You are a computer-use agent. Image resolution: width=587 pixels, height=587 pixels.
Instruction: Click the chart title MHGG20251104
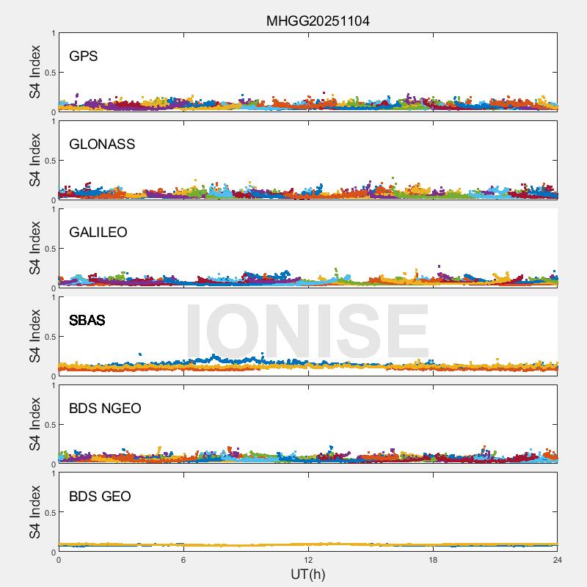pyautogui.click(x=318, y=21)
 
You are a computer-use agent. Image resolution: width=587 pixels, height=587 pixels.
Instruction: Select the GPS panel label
pyautogui.click(x=84, y=56)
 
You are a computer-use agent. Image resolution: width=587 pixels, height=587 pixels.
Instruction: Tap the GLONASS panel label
pyautogui.click(x=102, y=145)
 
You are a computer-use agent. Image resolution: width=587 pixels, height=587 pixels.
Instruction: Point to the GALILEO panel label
pyautogui.click(x=98, y=233)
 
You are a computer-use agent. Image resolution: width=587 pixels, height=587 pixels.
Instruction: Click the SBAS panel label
pyautogui.click(x=87, y=321)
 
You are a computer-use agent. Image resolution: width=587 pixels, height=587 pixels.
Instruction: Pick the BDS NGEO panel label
pyautogui.click(x=105, y=409)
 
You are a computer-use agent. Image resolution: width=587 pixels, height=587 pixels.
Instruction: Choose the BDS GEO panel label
pyautogui.click(x=100, y=497)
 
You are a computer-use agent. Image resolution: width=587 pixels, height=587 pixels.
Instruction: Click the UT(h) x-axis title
pyautogui.click(x=308, y=574)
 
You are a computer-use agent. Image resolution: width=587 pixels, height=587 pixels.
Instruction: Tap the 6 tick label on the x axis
pyautogui.click(x=183, y=560)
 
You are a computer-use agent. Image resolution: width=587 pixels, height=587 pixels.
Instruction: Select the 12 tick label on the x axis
pyautogui.click(x=308, y=560)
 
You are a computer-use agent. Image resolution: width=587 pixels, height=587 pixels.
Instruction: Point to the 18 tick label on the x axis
pyautogui.click(x=433, y=560)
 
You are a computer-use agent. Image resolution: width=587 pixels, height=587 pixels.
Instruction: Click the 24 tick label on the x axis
pyautogui.click(x=558, y=560)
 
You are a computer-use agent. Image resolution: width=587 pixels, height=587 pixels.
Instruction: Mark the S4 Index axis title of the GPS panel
pyautogui.click(x=34, y=72)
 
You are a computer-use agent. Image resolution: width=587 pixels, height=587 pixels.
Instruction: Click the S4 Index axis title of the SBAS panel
pyautogui.click(x=34, y=336)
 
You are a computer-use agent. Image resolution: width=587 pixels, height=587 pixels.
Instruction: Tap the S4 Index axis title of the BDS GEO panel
pyautogui.click(x=34, y=512)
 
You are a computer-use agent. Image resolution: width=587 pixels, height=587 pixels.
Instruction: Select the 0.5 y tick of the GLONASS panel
pyautogui.click(x=48, y=161)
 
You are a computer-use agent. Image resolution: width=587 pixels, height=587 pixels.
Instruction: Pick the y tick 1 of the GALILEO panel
pyautogui.click(x=53, y=210)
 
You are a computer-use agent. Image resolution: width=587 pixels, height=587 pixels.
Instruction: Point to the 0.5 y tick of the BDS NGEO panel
pyautogui.click(x=48, y=425)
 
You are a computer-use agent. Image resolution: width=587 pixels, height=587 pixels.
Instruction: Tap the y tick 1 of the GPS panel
pyautogui.click(x=53, y=34)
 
